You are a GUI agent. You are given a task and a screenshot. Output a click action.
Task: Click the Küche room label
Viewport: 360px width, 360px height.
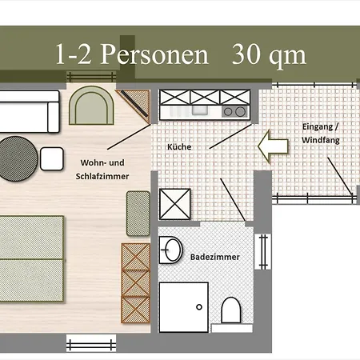(x=179, y=146)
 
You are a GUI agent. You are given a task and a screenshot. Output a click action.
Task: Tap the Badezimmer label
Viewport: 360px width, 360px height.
(x=215, y=257)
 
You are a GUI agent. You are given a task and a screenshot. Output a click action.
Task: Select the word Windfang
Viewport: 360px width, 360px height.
(x=321, y=140)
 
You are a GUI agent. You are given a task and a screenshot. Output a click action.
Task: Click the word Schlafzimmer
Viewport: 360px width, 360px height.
(x=102, y=176)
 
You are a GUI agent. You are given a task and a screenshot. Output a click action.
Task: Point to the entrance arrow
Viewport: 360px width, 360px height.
(x=273, y=146)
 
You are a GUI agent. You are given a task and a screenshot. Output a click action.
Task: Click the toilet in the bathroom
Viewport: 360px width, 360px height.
(x=231, y=310)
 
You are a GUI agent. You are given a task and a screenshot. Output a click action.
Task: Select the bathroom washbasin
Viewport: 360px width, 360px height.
(x=171, y=250)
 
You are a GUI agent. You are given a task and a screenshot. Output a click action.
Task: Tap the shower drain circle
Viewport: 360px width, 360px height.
(x=199, y=307)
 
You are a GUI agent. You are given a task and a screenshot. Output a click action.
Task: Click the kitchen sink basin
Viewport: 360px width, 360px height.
(x=200, y=110)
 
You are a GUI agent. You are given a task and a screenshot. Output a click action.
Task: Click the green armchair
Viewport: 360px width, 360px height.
(x=91, y=106)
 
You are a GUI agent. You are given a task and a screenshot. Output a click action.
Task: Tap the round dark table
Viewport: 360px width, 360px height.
(x=18, y=158)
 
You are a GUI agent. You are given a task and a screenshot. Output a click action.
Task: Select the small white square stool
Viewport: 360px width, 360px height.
(x=52, y=158)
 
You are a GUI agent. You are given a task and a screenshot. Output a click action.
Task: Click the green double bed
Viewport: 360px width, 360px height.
(x=31, y=258)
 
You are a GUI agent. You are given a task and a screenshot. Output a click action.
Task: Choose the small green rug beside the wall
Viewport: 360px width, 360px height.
(x=138, y=214)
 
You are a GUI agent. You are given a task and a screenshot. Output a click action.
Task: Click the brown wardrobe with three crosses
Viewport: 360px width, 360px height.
(x=136, y=283)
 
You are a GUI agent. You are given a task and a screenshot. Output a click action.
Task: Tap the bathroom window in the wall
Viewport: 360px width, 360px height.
(x=263, y=252)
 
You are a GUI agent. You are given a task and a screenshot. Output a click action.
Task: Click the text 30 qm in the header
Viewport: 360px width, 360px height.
(x=269, y=55)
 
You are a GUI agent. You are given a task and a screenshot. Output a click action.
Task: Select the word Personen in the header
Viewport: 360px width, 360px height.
(x=154, y=54)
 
